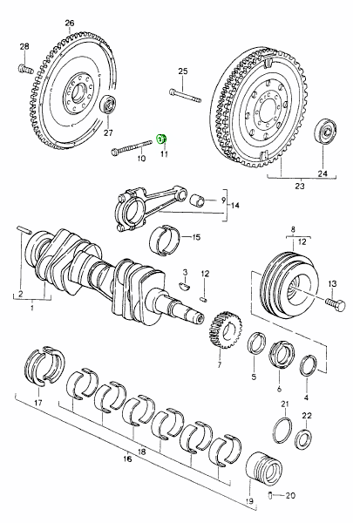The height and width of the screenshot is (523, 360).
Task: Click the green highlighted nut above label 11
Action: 162,139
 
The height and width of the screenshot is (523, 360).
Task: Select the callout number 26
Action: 70,23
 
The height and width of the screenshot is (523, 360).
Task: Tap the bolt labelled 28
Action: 25,69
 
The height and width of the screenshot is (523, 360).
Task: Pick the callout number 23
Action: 300,186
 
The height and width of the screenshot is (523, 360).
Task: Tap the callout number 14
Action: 234,205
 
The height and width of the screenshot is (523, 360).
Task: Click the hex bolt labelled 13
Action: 336,304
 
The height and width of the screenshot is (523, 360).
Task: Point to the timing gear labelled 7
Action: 226,329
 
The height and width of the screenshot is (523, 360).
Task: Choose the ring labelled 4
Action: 309,368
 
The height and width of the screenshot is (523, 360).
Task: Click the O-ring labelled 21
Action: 283,430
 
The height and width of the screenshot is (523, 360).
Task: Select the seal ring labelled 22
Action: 303,439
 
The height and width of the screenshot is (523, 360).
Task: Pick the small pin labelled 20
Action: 270,495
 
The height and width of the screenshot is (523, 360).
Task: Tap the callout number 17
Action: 38,403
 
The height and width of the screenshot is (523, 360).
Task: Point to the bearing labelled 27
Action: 108,105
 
